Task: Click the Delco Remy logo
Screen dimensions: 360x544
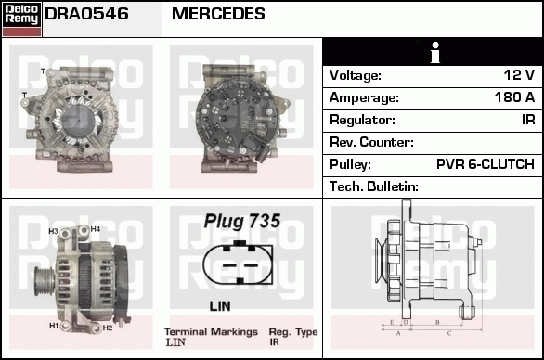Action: [x=21, y=19]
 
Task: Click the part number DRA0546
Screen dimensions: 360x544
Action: [x=86, y=14]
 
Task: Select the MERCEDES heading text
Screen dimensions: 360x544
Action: [x=218, y=14]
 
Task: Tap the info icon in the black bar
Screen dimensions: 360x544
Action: [x=434, y=52]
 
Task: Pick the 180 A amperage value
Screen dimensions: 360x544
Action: [x=514, y=97]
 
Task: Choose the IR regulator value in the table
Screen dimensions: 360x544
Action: [x=527, y=120]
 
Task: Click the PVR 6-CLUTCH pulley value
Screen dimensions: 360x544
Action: [x=485, y=164]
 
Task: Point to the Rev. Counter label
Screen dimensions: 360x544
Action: [x=371, y=142]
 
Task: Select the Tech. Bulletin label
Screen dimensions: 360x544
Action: [x=374, y=186]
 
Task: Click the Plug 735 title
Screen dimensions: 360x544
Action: [x=242, y=222]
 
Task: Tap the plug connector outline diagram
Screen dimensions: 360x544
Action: [x=240, y=264]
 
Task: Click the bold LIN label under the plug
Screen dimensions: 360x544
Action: [x=220, y=305]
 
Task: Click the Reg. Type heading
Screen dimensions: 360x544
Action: [x=293, y=331]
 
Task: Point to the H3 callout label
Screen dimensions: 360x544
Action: [x=53, y=231]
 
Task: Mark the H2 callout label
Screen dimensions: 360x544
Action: [x=108, y=328]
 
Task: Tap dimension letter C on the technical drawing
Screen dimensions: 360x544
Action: [x=449, y=331]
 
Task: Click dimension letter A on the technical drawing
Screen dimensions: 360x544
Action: [x=397, y=331]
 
